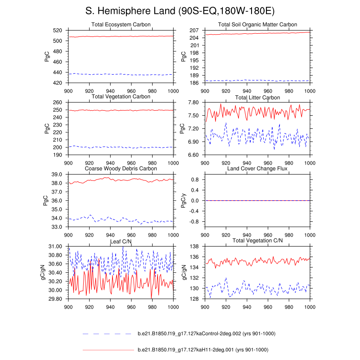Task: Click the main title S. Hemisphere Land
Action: [x=180, y=10]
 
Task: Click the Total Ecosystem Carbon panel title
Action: [x=120, y=24]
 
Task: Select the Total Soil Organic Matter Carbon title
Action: [x=257, y=24]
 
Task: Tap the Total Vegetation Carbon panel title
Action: [x=120, y=97]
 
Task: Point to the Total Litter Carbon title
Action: [x=257, y=98]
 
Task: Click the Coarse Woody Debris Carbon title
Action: [x=120, y=169]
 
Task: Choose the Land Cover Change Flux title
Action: [x=257, y=169]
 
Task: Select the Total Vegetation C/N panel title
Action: [x=257, y=241]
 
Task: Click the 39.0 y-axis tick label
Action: [x=58, y=175]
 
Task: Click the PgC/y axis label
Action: [x=184, y=201]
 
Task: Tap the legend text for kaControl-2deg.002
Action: [x=206, y=333]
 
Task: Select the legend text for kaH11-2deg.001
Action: [x=202, y=350]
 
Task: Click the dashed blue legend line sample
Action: [x=108, y=334]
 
